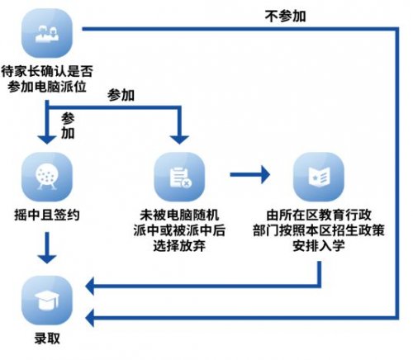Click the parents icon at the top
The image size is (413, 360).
(47, 33)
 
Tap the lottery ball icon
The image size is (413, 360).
(47, 177)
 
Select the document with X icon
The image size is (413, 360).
(179, 177)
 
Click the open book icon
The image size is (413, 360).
(319, 177)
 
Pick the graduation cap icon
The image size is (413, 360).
(47, 301)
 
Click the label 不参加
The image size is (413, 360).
(285, 16)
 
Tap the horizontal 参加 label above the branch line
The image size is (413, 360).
(121, 95)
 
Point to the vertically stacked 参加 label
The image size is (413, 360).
(68, 126)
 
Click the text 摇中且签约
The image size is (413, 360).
(47, 215)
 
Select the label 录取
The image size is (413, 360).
(47, 338)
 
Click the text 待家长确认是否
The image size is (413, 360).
(47, 71)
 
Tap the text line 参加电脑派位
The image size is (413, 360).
(47, 87)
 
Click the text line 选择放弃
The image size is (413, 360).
(179, 245)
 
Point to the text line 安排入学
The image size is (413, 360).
(319, 245)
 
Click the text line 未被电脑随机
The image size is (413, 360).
(179, 215)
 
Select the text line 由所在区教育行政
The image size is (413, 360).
(319, 215)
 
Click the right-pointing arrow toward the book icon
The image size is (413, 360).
(249, 174)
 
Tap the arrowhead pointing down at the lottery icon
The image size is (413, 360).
(47, 140)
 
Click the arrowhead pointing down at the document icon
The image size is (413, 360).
(179, 140)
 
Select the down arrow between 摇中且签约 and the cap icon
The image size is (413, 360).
(47, 248)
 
